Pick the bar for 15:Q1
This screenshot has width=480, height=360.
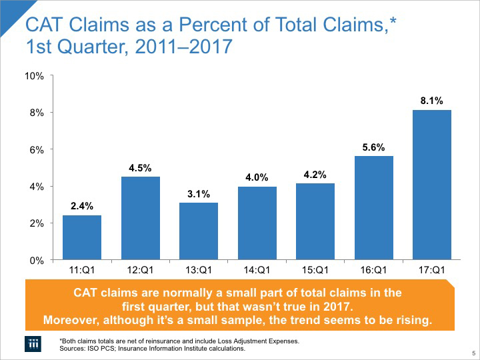click(x=315, y=221)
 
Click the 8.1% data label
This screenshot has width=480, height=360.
click(x=432, y=101)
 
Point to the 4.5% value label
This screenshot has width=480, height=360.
click(x=140, y=168)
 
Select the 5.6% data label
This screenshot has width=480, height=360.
click(x=373, y=147)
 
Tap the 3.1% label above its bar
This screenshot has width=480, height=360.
click(x=199, y=194)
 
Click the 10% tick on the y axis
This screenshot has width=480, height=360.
click(x=33, y=76)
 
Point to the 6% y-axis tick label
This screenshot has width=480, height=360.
click(x=36, y=150)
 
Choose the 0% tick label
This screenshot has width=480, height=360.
click(x=36, y=260)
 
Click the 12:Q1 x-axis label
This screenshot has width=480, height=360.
click(x=140, y=271)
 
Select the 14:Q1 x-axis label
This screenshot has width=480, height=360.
click(x=257, y=271)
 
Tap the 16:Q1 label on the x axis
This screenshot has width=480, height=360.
click(x=373, y=271)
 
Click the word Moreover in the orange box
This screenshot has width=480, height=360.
click(x=71, y=320)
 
